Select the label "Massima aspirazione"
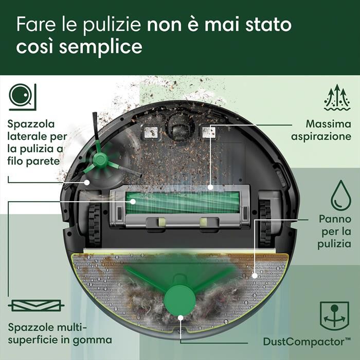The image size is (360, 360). pyautogui.click(x=321, y=131)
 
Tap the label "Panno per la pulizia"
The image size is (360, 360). pyautogui.click(x=335, y=230)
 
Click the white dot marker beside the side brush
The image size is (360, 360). pyautogui.click(x=87, y=182)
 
